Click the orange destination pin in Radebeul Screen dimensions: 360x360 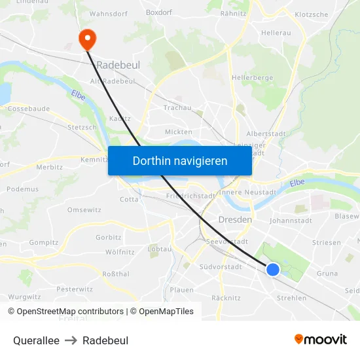point(86,39)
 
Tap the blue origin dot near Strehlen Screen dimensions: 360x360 point(273,270)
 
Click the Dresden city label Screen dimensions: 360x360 point(235,220)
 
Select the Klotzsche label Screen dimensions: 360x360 point(312,14)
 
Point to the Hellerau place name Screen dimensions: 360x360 point(276,31)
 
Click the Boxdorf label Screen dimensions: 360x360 point(158,12)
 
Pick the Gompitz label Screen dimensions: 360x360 point(44,242)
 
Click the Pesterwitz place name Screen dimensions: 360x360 point(75,289)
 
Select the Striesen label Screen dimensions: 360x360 point(327,242)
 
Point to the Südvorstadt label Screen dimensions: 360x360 point(221,267)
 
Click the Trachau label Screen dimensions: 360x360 point(177,107)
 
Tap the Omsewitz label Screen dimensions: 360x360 point(84,210)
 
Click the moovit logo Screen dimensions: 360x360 point(320,339)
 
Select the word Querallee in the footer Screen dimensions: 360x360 point(36,340)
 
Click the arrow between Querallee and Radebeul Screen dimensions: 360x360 point(71,340)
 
